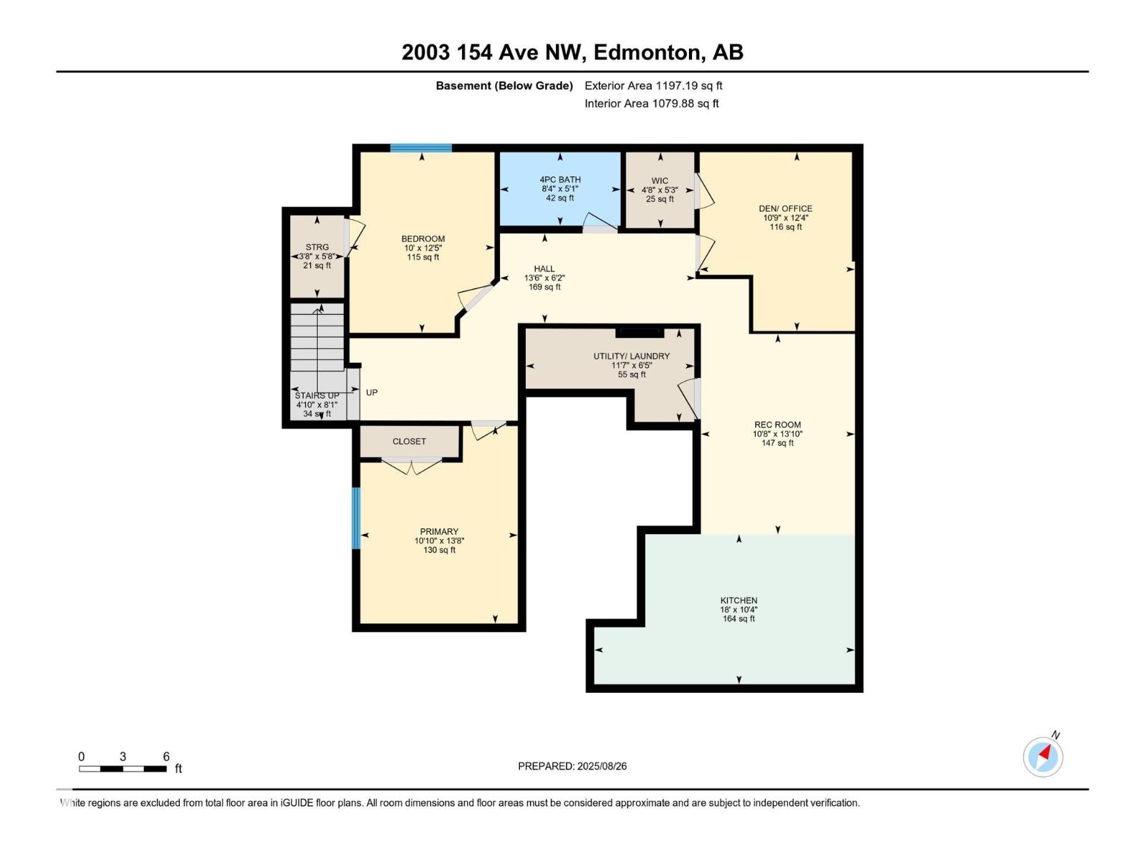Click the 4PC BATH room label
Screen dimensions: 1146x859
coord(559,180)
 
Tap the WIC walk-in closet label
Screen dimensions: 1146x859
coord(660,180)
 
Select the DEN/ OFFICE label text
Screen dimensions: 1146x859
coord(785,208)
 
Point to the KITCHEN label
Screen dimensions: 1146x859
coord(738,601)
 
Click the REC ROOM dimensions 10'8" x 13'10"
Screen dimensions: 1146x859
coord(777,434)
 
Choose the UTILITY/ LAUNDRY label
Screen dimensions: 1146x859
coord(631,356)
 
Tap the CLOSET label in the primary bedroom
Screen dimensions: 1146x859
coord(409,441)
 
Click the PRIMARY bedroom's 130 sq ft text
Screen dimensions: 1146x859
coord(439,550)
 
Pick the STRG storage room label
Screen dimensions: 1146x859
coord(317,247)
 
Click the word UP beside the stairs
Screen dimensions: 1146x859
coord(371,392)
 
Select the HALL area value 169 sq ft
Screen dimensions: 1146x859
coord(544,287)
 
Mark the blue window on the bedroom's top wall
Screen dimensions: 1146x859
coord(421,148)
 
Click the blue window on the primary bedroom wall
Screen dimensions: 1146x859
coord(356,518)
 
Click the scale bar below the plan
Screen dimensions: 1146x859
coord(122,769)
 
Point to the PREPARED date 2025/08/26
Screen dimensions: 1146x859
coord(602,766)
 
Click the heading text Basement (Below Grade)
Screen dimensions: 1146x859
coord(504,85)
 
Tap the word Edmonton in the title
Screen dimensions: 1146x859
coord(646,52)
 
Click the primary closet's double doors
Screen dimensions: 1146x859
coord(411,466)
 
